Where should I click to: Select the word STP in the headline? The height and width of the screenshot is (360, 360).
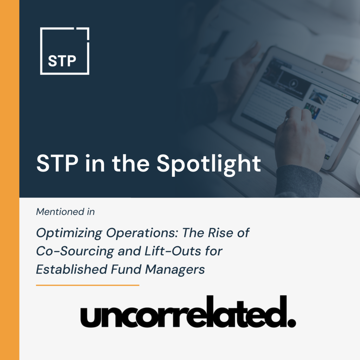click(57, 163)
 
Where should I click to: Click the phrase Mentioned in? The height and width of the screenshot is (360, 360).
click(65, 212)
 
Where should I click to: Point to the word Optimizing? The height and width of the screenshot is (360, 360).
click(69, 233)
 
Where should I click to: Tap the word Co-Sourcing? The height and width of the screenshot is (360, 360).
click(75, 251)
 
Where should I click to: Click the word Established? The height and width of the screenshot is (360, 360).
click(72, 269)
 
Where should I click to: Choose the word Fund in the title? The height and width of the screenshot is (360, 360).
click(126, 269)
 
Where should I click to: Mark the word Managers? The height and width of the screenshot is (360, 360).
click(175, 270)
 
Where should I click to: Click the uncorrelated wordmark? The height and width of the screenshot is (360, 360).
click(188, 311)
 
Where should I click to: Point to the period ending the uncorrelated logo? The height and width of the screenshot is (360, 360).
click(291, 323)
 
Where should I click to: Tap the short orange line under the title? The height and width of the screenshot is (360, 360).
click(88, 285)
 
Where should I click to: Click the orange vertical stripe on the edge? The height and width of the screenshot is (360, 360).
click(9, 180)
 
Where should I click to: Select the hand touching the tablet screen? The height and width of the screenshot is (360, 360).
click(298, 133)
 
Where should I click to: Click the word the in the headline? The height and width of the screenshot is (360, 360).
click(131, 163)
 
